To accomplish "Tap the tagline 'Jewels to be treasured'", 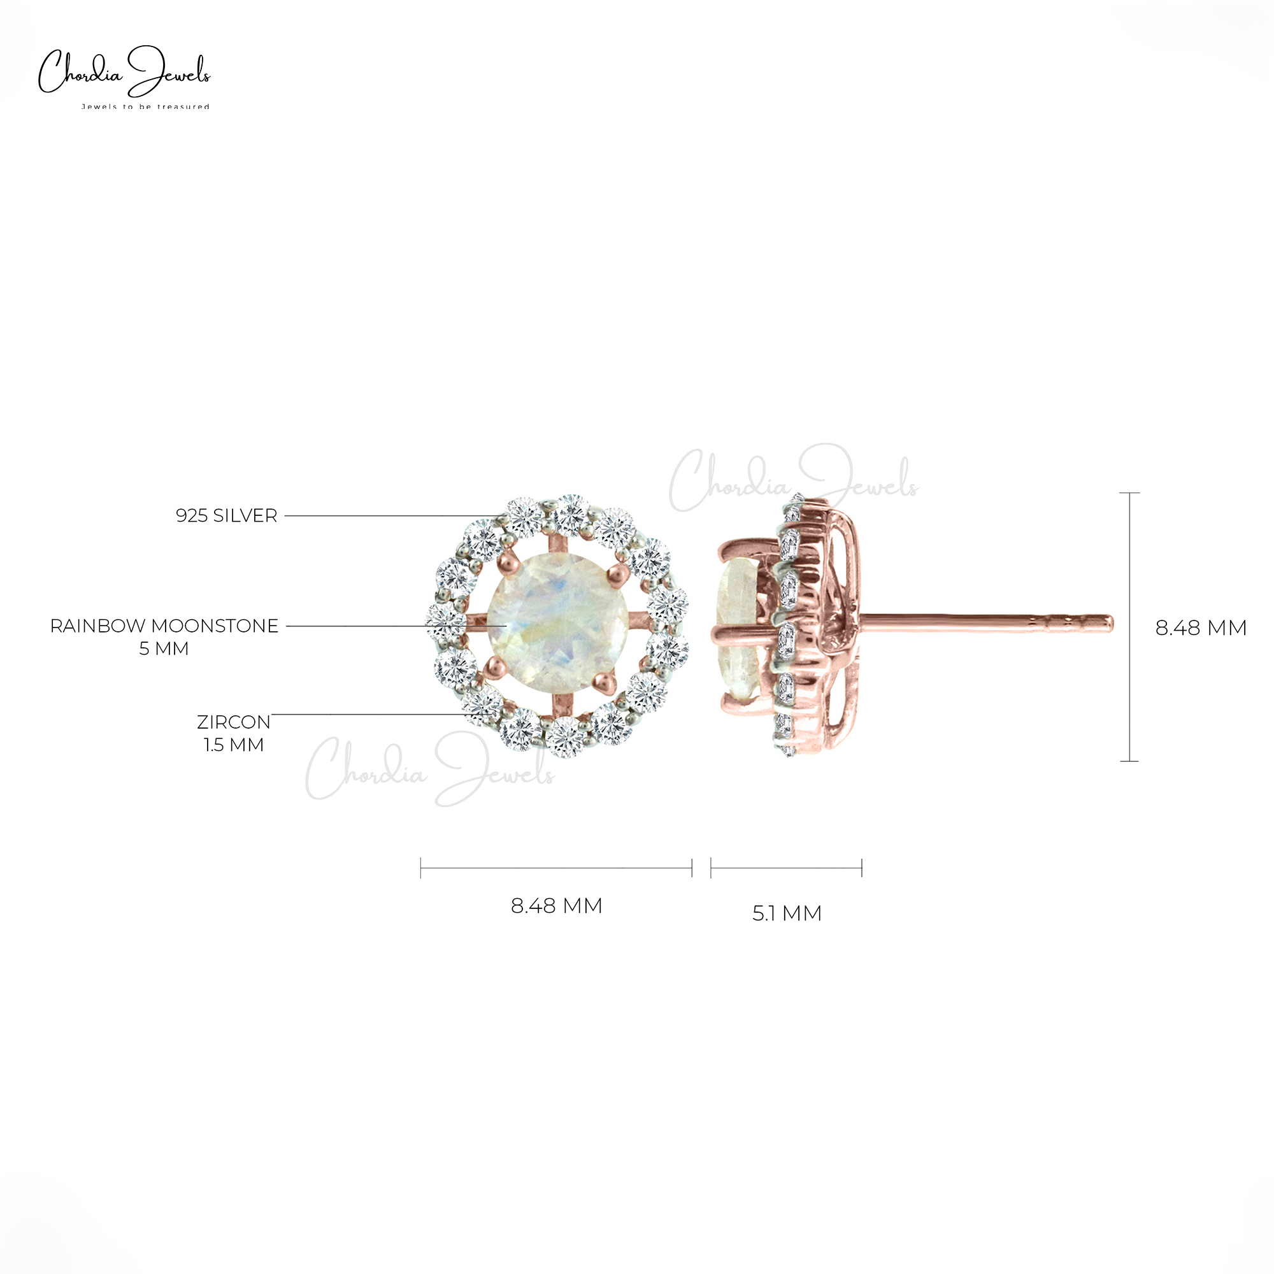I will coord(145,107).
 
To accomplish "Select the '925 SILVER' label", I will coord(226,516).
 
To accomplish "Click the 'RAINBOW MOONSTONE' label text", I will coord(164,626).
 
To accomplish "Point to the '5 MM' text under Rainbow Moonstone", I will coord(164,649).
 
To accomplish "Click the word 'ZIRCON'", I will coord(233,722).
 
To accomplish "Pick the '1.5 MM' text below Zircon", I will coord(233,745).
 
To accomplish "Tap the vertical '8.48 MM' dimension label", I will coord(1200,628).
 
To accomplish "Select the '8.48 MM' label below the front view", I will coord(557,905).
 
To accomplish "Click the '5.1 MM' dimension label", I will coord(787,913).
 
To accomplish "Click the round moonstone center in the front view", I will coord(557,626).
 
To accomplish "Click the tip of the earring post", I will coord(1109,622).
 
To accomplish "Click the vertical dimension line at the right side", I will coord(1129,626).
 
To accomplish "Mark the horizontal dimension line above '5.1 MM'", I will coord(786,868).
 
